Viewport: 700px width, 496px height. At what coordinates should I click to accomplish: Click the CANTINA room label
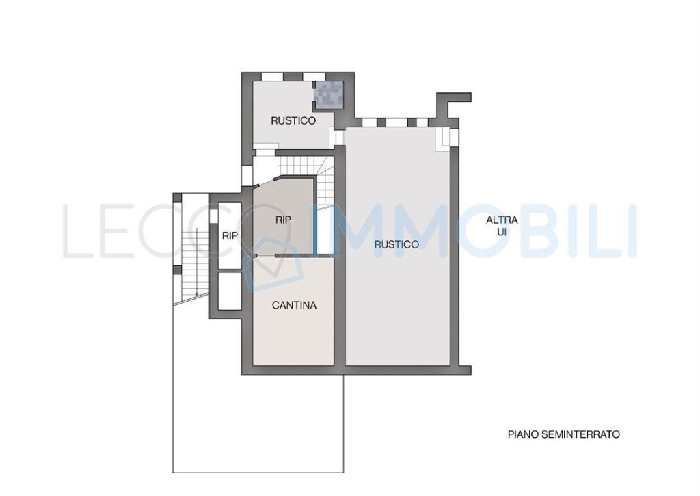[294, 306]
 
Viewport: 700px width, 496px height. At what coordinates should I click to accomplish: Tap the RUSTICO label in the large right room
[396, 244]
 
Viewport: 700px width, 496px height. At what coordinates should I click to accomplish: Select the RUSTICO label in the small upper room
[293, 120]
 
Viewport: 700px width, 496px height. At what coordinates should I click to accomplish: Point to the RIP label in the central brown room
[283, 220]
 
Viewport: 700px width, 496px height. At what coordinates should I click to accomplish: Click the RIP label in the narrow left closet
[230, 235]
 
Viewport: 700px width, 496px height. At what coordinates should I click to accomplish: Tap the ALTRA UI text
[502, 226]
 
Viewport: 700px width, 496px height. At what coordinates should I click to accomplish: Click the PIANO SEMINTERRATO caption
[563, 434]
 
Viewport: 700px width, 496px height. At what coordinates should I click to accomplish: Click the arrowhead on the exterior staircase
[196, 293]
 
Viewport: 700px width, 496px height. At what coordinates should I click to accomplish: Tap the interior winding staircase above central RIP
[301, 166]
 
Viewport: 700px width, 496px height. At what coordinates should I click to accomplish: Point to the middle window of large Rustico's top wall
[396, 122]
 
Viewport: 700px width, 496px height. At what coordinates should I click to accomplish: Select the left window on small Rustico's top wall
[273, 76]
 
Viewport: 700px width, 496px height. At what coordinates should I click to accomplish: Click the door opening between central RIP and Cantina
[264, 256]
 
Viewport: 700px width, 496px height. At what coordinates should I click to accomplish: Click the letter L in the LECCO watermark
[76, 231]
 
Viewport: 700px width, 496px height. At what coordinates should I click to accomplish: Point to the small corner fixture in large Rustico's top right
[444, 139]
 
